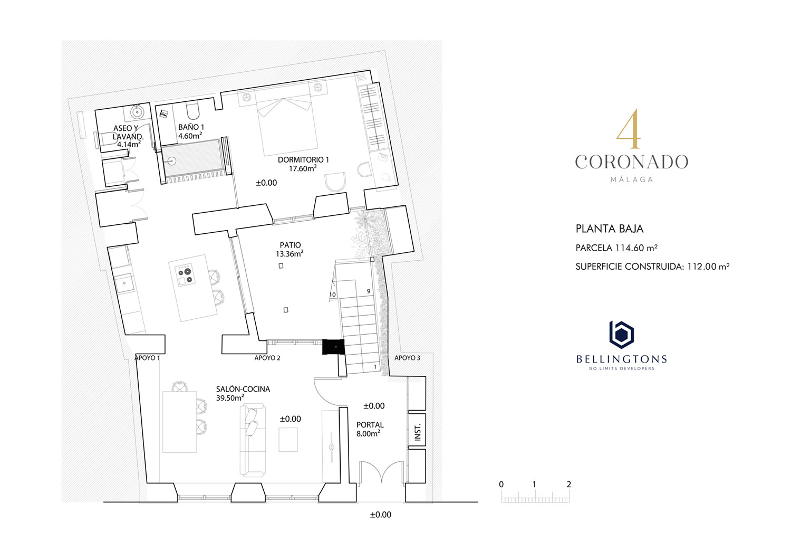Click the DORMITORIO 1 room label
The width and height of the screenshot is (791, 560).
pos(303,160)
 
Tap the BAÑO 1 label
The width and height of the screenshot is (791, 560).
pos(191,127)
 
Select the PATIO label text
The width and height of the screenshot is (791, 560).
pos(290,245)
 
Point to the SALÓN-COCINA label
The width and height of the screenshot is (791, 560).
pos(243,389)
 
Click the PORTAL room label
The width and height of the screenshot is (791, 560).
pos(370,425)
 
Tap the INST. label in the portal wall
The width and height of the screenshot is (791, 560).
pos(418,432)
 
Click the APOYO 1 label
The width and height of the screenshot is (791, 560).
pos(147,358)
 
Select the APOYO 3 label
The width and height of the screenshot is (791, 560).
pos(407,358)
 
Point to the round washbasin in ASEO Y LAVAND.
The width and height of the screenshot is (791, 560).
pos(137,112)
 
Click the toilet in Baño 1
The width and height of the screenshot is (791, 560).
pos(193,111)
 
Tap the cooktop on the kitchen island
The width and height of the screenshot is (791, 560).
pos(185,275)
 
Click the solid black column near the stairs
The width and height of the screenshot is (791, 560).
pos(333,347)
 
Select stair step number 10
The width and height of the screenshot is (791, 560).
pos(332,295)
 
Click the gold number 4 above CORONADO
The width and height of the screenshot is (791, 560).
pos(629,129)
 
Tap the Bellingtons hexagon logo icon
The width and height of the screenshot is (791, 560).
pos(622,335)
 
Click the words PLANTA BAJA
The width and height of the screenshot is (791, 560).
pos(610,229)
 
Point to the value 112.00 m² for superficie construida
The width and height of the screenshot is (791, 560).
pos(708,266)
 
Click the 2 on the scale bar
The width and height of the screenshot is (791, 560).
pos(568,485)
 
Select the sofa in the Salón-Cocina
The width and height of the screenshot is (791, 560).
pos(253,441)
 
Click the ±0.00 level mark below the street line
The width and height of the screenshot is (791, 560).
pos(381,515)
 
